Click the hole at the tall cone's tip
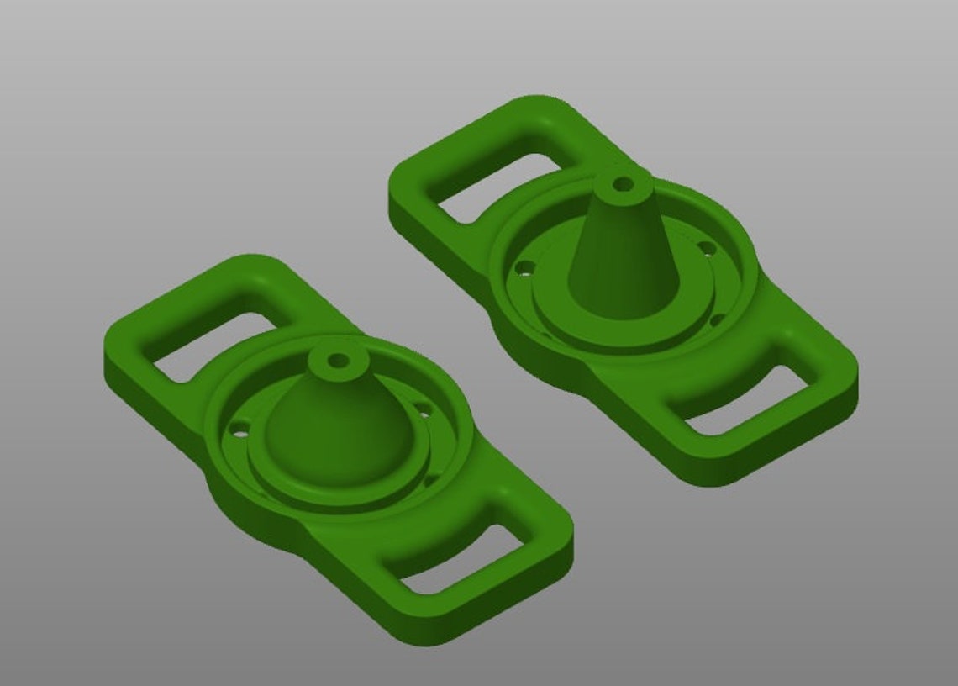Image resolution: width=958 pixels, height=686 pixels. click(623, 182)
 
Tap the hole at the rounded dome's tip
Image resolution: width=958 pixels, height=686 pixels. click(339, 361)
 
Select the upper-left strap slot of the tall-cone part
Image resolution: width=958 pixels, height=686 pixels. click(496, 187)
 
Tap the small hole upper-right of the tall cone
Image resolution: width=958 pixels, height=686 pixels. click(708, 248)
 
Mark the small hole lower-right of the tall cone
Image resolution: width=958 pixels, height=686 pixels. click(716, 319)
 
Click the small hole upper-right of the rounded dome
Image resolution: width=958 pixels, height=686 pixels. click(423, 410)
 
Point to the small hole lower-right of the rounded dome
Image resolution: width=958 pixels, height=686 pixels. click(431, 481)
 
